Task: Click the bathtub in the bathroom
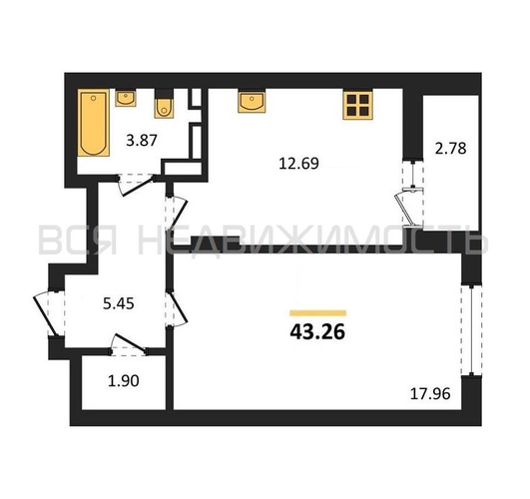pos(93,123)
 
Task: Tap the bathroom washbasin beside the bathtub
pos(126,98)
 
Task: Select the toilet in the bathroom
pos(164,104)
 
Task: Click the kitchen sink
pos(252,101)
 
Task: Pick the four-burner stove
pos(358,105)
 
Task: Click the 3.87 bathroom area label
pos(142,140)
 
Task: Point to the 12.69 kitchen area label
pos(298,164)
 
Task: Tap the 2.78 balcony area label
pos(450,149)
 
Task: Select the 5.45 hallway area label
pos(119,303)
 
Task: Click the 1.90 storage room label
pos(124,381)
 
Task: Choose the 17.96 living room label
pos(430,394)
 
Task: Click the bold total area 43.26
pos(317,332)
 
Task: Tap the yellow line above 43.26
pos(318,313)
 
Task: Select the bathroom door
pos(136,186)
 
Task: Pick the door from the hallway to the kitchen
pos(176,213)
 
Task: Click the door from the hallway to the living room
pos(176,308)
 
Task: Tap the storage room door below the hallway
pos(129,344)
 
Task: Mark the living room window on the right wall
pos(472,330)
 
